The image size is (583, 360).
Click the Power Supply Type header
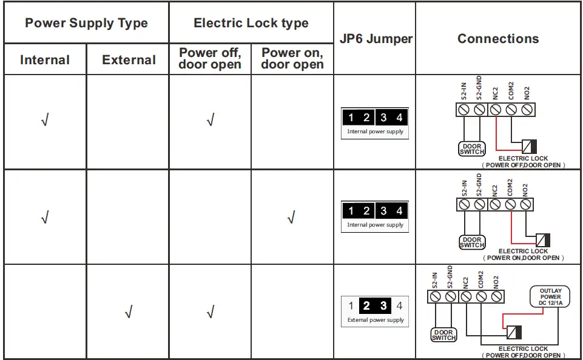86,24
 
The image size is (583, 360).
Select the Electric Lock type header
251,24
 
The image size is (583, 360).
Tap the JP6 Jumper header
374,39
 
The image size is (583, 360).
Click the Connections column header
497,39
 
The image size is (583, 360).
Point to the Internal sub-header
45,60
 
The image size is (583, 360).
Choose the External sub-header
129,60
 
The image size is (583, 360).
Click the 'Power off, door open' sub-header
210,59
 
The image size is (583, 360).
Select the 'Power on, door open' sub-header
292,59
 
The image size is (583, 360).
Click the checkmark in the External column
128,313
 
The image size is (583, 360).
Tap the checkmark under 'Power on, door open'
292,217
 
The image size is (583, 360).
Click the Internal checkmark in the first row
44,121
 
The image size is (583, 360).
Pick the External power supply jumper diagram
375,311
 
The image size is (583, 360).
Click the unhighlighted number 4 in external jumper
399,306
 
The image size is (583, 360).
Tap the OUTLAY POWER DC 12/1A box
551,297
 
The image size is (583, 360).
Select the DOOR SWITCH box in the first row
471,148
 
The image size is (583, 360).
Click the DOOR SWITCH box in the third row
443,335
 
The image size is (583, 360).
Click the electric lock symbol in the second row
543,239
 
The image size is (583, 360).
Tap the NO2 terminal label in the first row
527,92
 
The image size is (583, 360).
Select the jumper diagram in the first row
375,123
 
